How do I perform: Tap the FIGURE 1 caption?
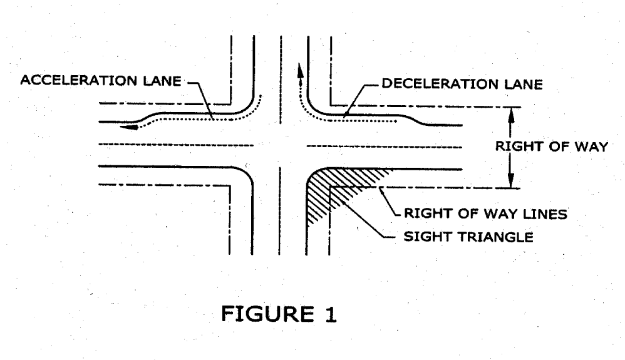277,312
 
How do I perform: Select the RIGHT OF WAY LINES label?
485,213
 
